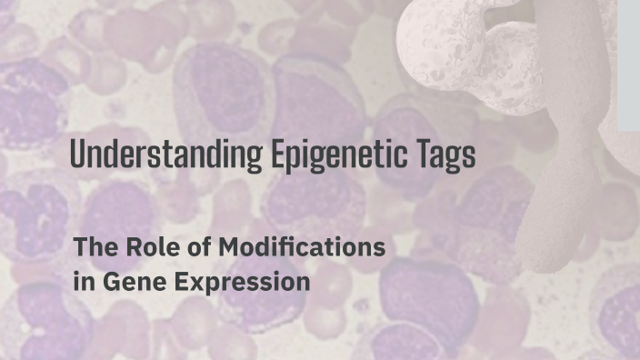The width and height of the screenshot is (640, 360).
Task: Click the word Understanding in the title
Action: coord(166,155)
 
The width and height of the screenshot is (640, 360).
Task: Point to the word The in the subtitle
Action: coord(92,246)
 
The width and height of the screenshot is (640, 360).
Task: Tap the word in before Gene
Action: coord(80,281)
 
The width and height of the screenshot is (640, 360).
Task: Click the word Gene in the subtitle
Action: coord(123,281)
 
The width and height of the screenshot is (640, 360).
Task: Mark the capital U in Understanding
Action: coord(77,155)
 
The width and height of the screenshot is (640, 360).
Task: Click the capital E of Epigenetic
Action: coord(277,155)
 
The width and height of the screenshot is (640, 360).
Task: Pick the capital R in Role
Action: coord(126,246)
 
